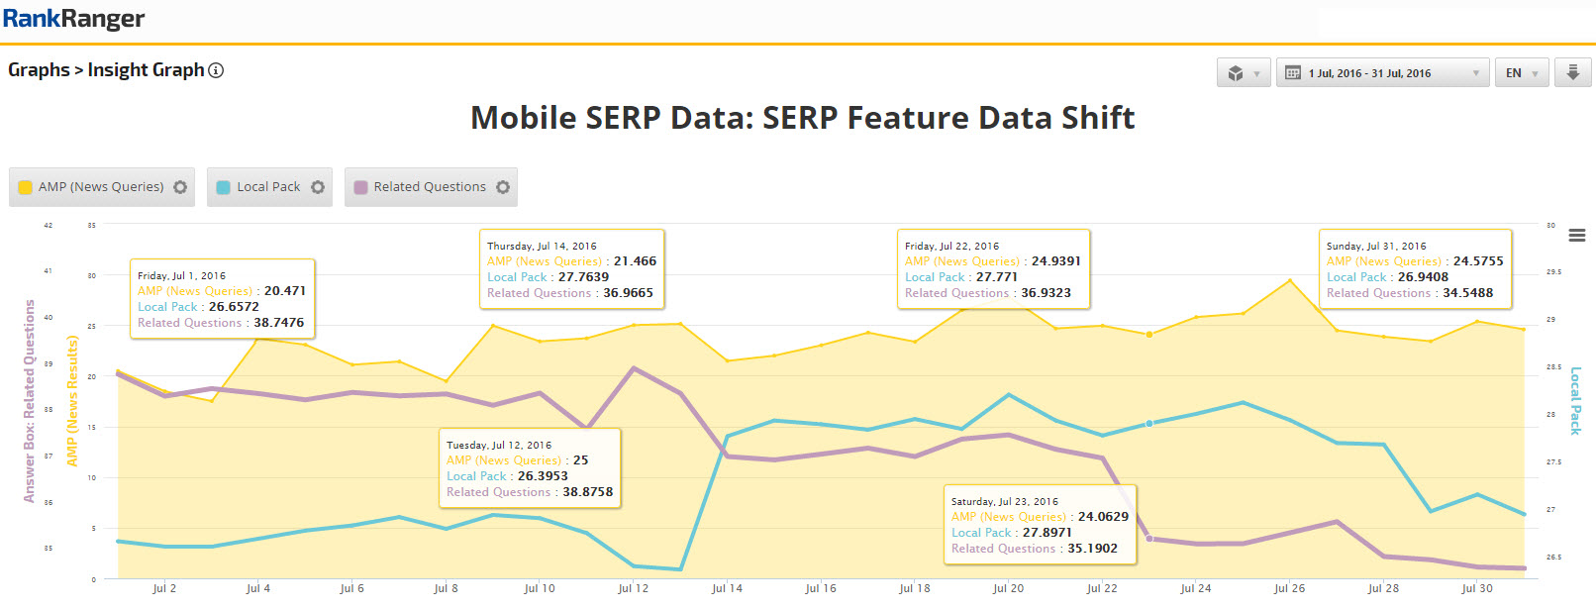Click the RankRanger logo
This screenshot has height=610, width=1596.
(74, 19)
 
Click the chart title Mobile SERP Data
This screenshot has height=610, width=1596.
(802, 118)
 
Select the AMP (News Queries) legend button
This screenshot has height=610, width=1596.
(101, 187)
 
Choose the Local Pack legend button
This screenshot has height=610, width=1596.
(268, 187)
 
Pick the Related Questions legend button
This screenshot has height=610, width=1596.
(430, 187)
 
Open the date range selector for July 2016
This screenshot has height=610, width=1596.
(1382, 73)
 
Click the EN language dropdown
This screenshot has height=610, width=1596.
(1521, 73)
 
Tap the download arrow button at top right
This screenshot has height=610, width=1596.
(1572, 73)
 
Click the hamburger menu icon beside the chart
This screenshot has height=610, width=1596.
(1577, 236)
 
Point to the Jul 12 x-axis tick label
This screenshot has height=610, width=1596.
(634, 588)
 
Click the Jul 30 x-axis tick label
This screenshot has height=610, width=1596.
(1477, 588)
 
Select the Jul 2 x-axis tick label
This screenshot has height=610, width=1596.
(164, 588)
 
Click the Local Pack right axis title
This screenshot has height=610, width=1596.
(1575, 401)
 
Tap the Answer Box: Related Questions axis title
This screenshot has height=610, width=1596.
(30, 401)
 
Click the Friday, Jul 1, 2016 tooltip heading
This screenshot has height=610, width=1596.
(181, 276)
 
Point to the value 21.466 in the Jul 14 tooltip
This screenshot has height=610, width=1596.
(635, 261)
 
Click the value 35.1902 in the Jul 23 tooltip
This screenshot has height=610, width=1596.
(1092, 549)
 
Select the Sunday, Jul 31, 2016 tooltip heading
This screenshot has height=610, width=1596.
(1376, 247)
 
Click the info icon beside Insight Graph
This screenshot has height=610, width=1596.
(216, 70)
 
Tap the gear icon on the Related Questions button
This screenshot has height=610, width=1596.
(503, 187)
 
